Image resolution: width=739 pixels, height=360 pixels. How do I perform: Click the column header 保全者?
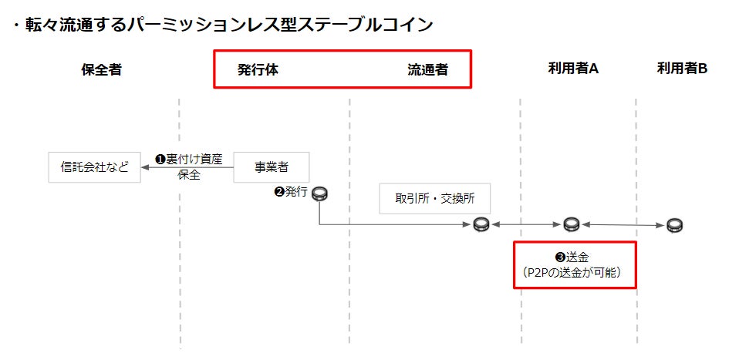(101, 69)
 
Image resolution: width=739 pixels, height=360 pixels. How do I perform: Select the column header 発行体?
(258, 69)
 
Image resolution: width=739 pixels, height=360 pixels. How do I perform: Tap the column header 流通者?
(427, 69)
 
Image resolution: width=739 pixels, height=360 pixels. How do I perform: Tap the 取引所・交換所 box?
(435, 198)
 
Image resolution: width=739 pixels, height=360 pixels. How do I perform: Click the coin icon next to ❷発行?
(319, 193)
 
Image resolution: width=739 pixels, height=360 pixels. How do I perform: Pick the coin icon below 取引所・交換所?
(481, 224)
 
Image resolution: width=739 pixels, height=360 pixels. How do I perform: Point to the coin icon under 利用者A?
(570, 224)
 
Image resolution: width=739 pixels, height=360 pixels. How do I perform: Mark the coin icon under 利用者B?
(675, 225)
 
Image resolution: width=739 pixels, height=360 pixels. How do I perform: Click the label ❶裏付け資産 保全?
(188, 167)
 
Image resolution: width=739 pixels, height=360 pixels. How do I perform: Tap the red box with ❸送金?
(575, 264)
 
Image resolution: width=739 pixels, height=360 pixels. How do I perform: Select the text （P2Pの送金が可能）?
(574, 272)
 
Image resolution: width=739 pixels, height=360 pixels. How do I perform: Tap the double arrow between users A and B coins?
(623, 225)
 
